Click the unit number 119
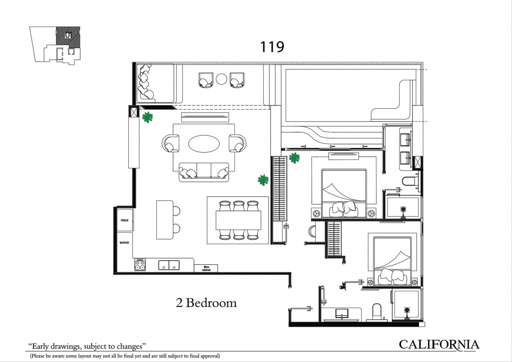point(272,47)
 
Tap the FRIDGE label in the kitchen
point(125,220)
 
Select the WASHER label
point(124,242)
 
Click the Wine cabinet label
point(206,269)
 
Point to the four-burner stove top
point(140,265)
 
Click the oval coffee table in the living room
point(204,143)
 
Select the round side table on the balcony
point(221,79)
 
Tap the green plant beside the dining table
point(263,180)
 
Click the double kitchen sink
point(169,265)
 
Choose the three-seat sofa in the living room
point(204,172)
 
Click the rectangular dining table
point(239,220)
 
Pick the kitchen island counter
point(165,220)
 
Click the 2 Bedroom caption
point(207,303)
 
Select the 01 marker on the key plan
point(68,35)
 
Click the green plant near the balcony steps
point(148,117)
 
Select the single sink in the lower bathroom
point(342,313)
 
